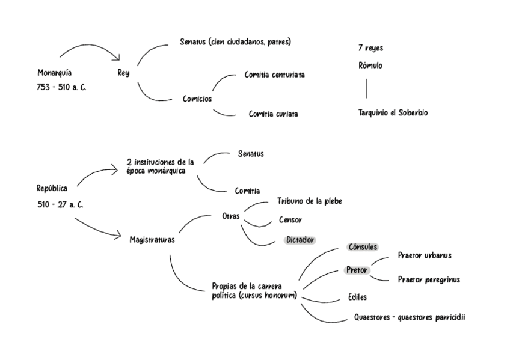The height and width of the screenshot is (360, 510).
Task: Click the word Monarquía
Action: tap(55, 73)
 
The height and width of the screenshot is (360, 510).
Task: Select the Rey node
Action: tap(123, 73)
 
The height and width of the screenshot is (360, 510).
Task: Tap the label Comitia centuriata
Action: tap(274, 75)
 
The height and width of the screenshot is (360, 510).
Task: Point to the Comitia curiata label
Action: tap(273, 114)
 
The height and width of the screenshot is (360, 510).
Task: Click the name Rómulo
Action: tap(370, 66)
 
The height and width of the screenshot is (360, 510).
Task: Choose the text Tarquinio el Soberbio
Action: tap(393, 112)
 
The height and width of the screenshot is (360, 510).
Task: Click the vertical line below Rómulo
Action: tap(366, 88)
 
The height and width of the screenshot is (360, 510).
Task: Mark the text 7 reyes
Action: tap(370, 48)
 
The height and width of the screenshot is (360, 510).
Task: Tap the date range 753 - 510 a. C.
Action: tap(62, 87)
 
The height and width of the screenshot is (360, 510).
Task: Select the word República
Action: tap(52, 188)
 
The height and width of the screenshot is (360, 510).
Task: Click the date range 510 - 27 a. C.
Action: tap(60, 205)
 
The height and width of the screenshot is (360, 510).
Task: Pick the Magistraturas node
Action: tap(152, 240)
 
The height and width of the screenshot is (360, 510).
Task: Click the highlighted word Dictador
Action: tap(300, 240)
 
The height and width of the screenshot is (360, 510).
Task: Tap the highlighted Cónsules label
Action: tap(363, 247)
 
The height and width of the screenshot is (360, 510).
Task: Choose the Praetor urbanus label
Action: tap(425, 255)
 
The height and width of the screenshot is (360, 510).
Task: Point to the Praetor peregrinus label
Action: tap(429, 280)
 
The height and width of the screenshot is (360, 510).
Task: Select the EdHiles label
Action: tap(357, 297)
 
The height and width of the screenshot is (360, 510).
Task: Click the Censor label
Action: tap(290, 220)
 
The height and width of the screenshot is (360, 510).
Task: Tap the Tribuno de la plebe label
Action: tap(309, 201)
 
